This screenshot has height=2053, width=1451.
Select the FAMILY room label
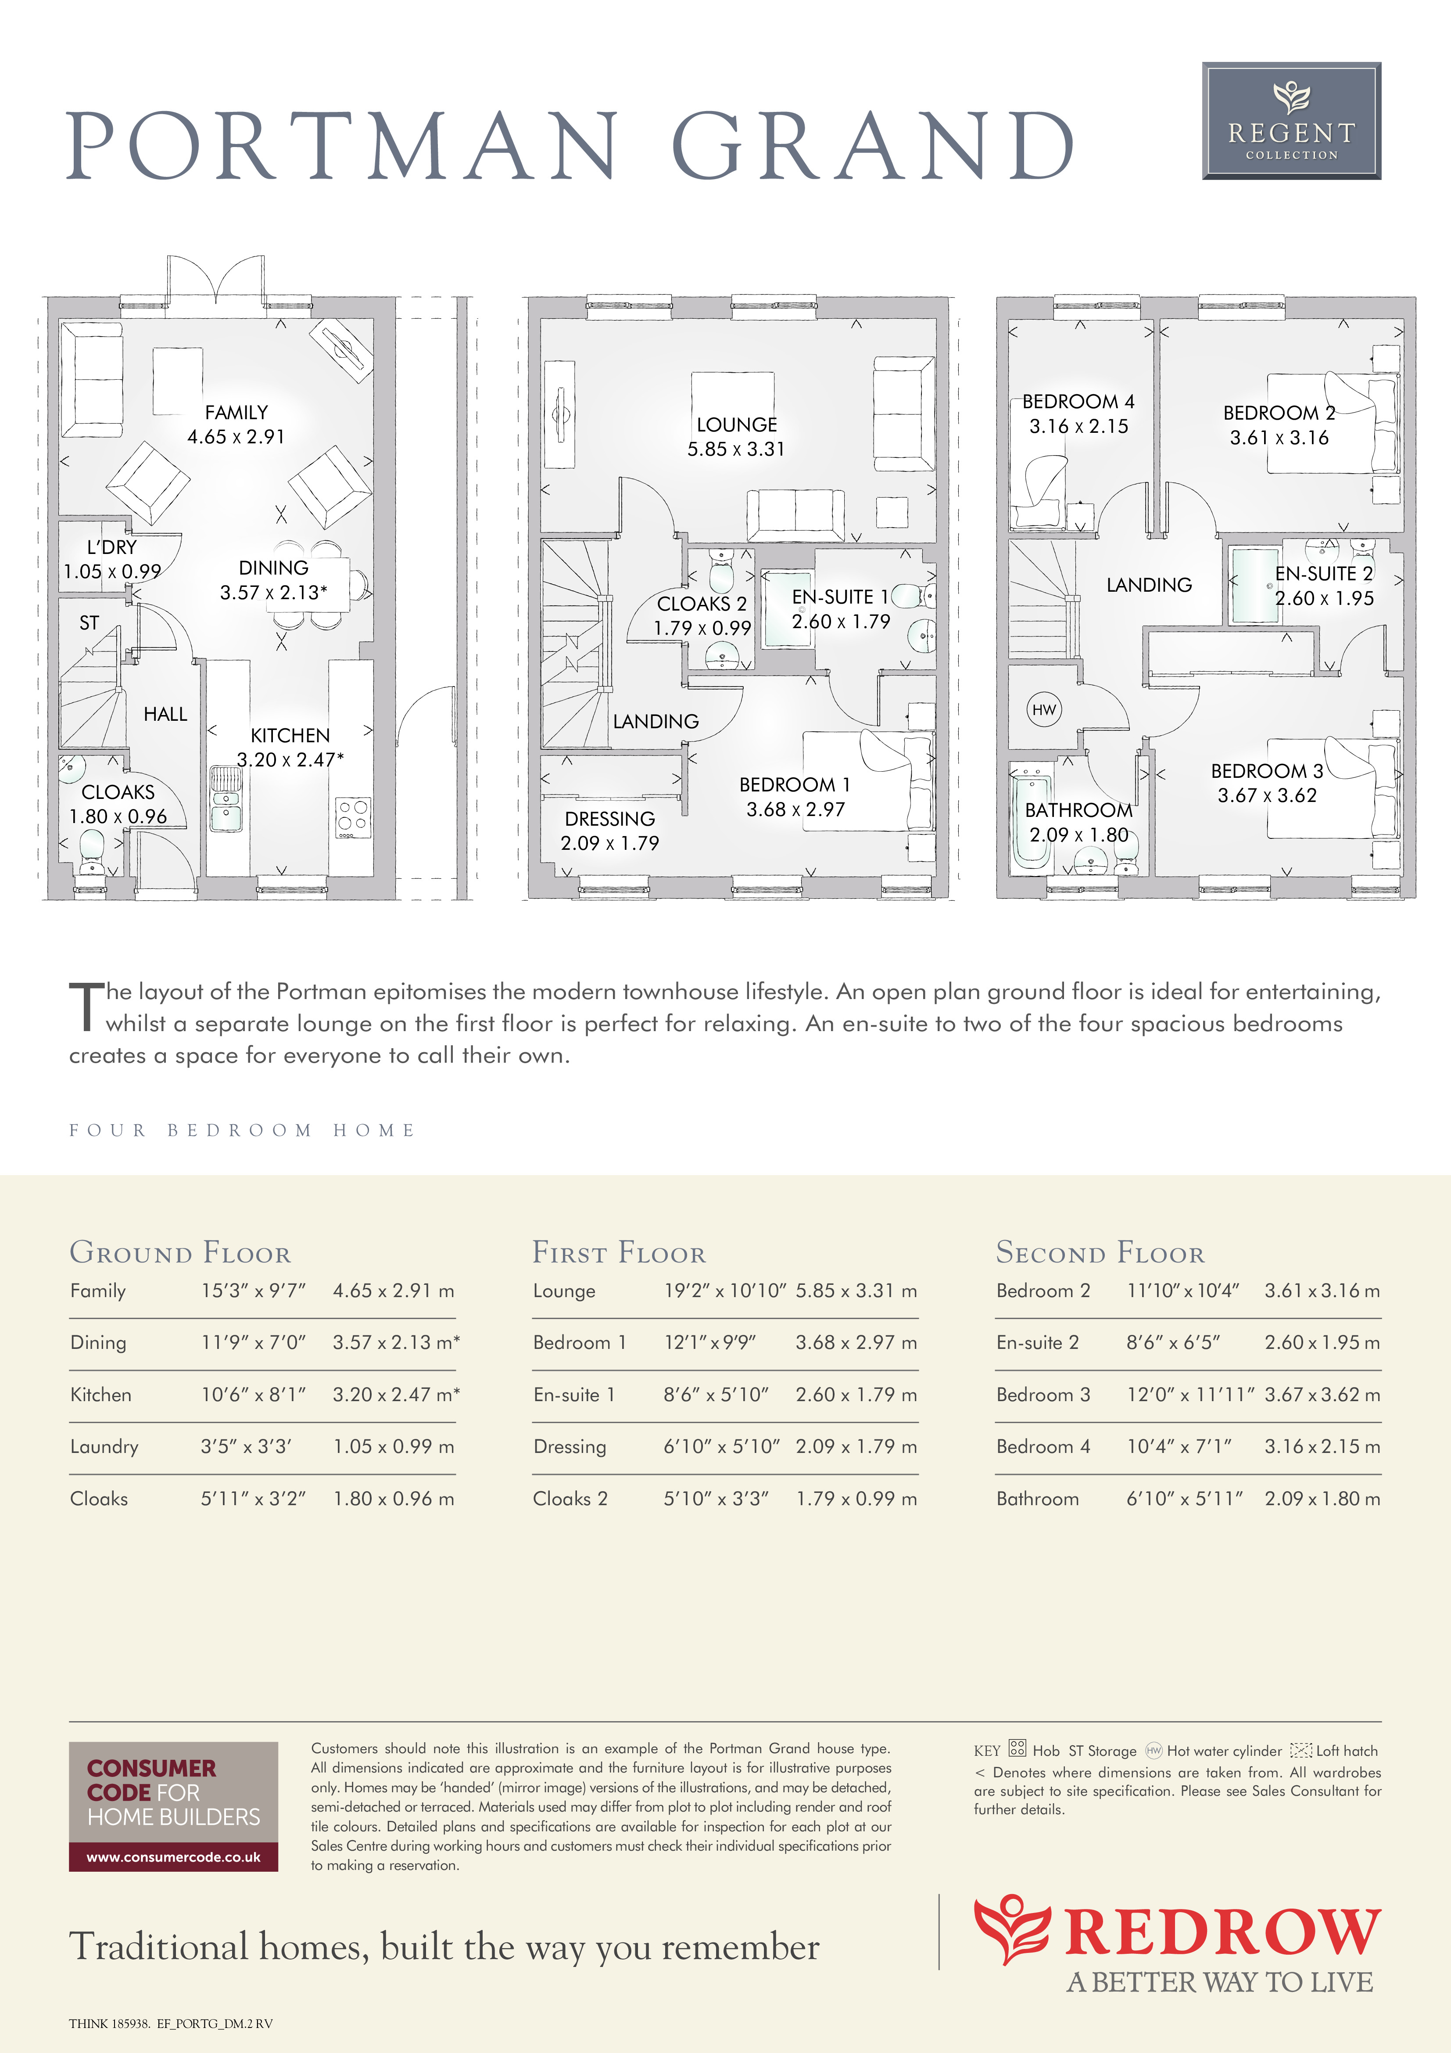pos(236,412)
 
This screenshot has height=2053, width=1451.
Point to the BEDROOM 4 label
pos(1078,402)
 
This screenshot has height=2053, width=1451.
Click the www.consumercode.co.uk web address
pos(173,1857)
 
